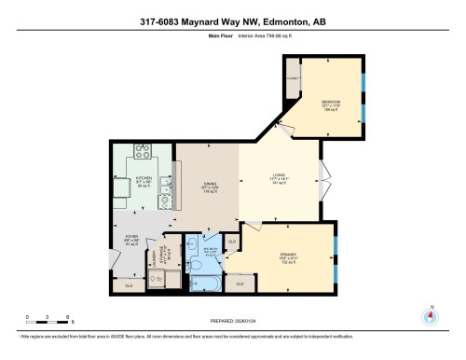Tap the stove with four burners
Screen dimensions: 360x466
pos(144,152)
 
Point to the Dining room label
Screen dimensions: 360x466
pos(210,187)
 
